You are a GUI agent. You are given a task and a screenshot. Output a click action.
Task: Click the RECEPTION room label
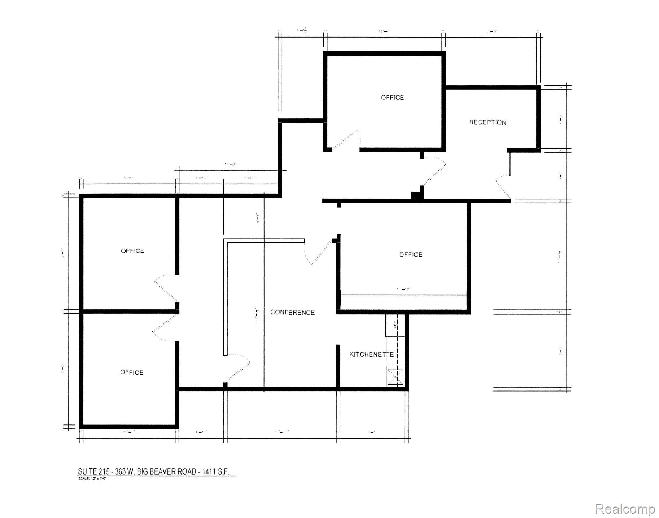pos(487,122)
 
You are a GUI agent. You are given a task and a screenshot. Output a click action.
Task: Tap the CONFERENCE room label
pos(292,312)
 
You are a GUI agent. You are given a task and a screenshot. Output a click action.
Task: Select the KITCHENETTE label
pos(371,354)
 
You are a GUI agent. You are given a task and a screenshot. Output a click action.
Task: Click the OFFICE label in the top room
pos(392,98)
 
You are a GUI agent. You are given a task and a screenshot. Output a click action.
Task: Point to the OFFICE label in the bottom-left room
pos(132,372)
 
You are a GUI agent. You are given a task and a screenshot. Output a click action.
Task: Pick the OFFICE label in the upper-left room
pos(132,251)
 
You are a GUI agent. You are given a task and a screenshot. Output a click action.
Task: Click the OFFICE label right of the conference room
pos(411,255)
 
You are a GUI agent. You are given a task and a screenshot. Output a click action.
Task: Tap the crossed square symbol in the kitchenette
pos(395,377)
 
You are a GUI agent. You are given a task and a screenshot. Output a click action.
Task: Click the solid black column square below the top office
pos(416,195)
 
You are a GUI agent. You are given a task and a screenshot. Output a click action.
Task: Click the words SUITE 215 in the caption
pos(92,472)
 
